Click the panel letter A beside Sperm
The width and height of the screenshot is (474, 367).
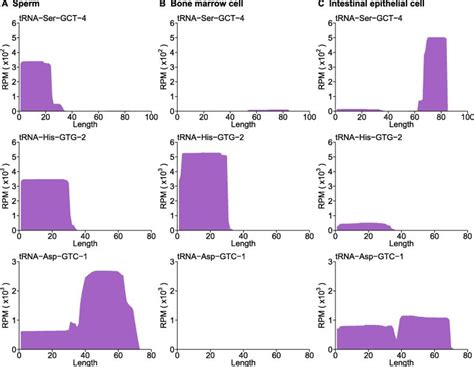(x=6, y=6)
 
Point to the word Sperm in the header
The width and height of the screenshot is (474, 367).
(x=32, y=6)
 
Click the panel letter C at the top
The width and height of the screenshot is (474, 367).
(x=319, y=6)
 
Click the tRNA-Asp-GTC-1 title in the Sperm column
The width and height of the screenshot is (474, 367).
(x=60, y=258)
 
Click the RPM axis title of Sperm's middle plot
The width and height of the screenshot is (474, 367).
(x=5, y=190)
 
